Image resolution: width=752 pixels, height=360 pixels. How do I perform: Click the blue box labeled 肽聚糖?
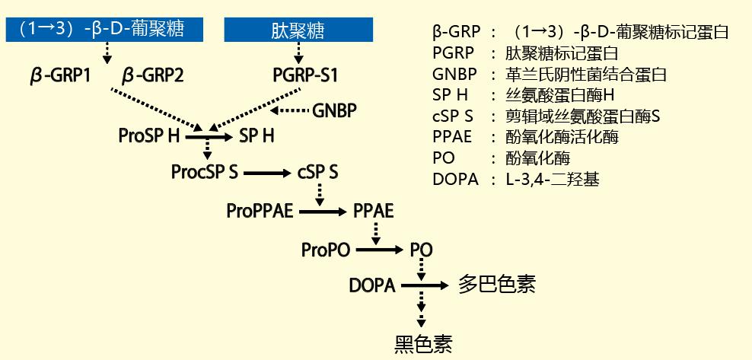[298, 30]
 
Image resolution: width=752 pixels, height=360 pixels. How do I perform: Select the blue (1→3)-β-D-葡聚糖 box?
[104, 30]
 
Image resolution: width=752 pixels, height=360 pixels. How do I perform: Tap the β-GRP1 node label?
[60, 76]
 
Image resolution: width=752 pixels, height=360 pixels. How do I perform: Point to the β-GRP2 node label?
[153, 76]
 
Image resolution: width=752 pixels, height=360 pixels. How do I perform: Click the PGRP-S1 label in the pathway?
[305, 75]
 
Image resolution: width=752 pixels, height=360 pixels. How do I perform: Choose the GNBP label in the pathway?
[334, 110]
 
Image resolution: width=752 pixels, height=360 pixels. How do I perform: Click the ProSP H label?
[148, 136]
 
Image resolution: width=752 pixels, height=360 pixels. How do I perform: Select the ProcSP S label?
[204, 172]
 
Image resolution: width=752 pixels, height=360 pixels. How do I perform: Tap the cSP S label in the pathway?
[317, 172]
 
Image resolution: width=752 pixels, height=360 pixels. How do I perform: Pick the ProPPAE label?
[260, 211]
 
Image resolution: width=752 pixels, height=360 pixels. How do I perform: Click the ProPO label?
[326, 250]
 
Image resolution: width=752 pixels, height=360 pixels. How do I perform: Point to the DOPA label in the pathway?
[372, 286]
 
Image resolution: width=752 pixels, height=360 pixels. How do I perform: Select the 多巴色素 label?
[496, 284]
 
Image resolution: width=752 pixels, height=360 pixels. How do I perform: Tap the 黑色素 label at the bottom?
[423, 343]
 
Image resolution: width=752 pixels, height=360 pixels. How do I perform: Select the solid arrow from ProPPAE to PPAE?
[322, 212]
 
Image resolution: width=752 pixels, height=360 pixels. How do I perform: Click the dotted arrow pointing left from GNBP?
[289, 110]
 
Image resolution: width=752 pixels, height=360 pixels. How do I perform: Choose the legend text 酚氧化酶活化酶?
[562, 137]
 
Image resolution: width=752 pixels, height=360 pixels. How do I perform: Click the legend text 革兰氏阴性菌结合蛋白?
[586, 75]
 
